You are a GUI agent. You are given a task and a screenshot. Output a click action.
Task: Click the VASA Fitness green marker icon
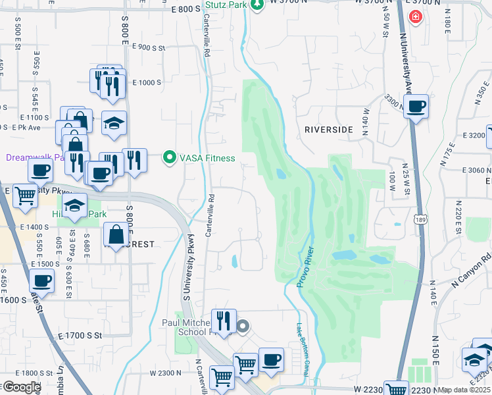[170, 158]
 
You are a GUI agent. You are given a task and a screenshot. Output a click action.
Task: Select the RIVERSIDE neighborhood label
[330, 130]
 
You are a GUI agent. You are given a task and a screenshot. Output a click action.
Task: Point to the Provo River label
[307, 267]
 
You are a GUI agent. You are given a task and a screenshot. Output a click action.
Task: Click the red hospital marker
[415, 17]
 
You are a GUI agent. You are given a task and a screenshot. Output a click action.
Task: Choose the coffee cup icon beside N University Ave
[416, 106]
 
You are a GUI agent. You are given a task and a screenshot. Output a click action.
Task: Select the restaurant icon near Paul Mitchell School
[224, 321]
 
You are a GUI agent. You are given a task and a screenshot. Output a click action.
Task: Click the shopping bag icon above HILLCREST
[116, 234]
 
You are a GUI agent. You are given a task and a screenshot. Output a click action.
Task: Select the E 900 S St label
[148, 47]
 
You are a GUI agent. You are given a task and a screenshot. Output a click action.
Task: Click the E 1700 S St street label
[80, 336]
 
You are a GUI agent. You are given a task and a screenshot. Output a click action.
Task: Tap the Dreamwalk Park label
[33, 157]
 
